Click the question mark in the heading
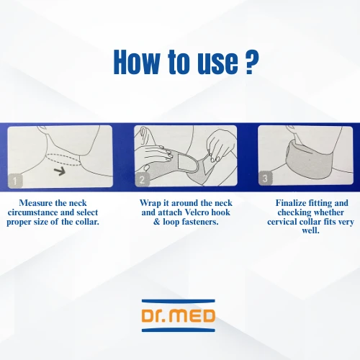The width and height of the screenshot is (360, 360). (253, 62)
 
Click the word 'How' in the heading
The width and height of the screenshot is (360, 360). (136, 62)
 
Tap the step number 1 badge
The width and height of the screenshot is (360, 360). (15, 181)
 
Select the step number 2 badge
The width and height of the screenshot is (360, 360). (142, 179)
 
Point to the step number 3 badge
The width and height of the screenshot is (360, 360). (265, 178)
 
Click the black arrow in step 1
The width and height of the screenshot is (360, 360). (60, 171)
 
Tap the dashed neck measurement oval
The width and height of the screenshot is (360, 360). (64, 160)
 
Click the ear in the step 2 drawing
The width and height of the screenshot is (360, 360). (144, 135)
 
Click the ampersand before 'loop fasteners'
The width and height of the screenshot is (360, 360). (156, 222)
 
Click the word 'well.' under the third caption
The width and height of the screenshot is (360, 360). (310, 230)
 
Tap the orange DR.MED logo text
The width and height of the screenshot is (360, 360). (179, 315)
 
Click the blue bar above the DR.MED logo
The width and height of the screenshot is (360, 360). (179, 301)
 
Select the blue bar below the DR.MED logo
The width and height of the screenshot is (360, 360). (179, 330)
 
